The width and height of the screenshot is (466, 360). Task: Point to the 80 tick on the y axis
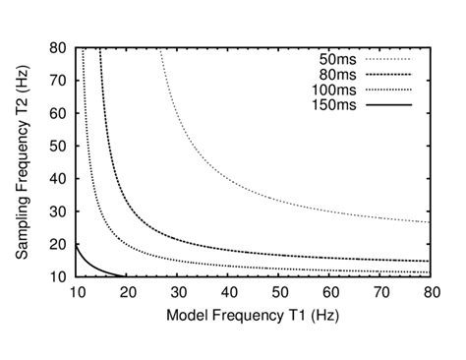[58, 47]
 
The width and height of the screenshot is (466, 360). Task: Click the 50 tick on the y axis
[58, 145]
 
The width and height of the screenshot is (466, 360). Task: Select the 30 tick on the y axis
[58, 210]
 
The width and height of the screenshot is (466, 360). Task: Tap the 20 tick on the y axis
[58, 243]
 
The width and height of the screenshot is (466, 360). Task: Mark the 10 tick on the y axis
[58, 275]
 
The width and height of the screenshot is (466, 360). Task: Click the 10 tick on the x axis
[76, 292]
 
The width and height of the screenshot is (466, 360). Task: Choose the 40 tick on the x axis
[228, 292]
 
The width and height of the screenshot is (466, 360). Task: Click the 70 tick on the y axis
[58, 80]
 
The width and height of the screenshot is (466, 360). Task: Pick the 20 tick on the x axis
[127, 292]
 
